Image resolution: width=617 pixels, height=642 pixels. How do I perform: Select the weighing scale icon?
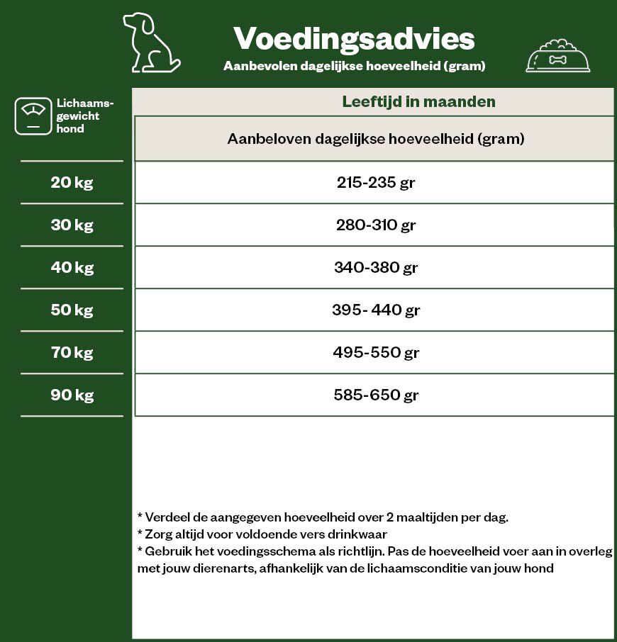pyautogui.click(x=33, y=116)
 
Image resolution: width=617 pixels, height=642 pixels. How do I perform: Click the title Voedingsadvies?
pyautogui.click(x=354, y=38)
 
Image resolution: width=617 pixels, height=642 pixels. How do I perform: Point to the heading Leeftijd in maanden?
pyautogui.click(x=418, y=101)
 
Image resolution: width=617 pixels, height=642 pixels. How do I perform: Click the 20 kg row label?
pyautogui.click(x=72, y=182)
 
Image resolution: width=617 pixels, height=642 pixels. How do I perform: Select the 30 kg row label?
pyautogui.click(x=72, y=225)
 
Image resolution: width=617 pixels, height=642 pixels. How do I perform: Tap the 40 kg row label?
pyautogui.click(x=72, y=267)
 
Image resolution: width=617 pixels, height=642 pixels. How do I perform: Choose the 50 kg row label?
pyautogui.click(x=72, y=310)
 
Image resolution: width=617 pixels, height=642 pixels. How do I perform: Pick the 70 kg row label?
pyautogui.click(x=72, y=352)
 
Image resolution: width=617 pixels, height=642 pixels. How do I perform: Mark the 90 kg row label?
pyautogui.click(x=72, y=395)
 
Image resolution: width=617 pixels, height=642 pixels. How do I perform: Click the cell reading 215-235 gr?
pyautogui.click(x=375, y=182)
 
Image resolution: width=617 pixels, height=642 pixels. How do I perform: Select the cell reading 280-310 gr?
pyautogui.click(x=375, y=225)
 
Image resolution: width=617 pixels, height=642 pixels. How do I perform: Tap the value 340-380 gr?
pyautogui.click(x=375, y=268)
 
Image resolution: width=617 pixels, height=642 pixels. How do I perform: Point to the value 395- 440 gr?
pyautogui.click(x=375, y=310)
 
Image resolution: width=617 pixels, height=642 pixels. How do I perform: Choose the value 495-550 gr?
pyautogui.click(x=375, y=353)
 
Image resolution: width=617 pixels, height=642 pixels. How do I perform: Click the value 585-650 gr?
pyautogui.click(x=375, y=395)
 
